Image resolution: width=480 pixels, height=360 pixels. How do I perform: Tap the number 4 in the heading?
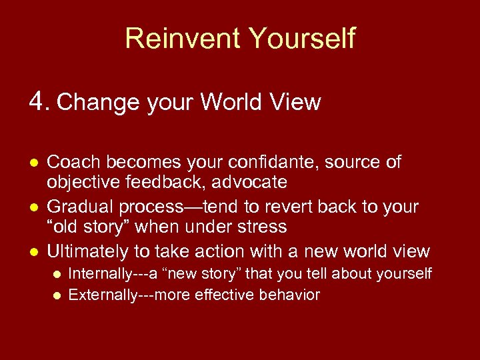click(x=37, y=101)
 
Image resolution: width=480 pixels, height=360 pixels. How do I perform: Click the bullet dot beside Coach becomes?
click(x=33, y=163)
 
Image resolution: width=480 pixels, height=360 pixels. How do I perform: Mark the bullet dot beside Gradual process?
click(x=33, y=207)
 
